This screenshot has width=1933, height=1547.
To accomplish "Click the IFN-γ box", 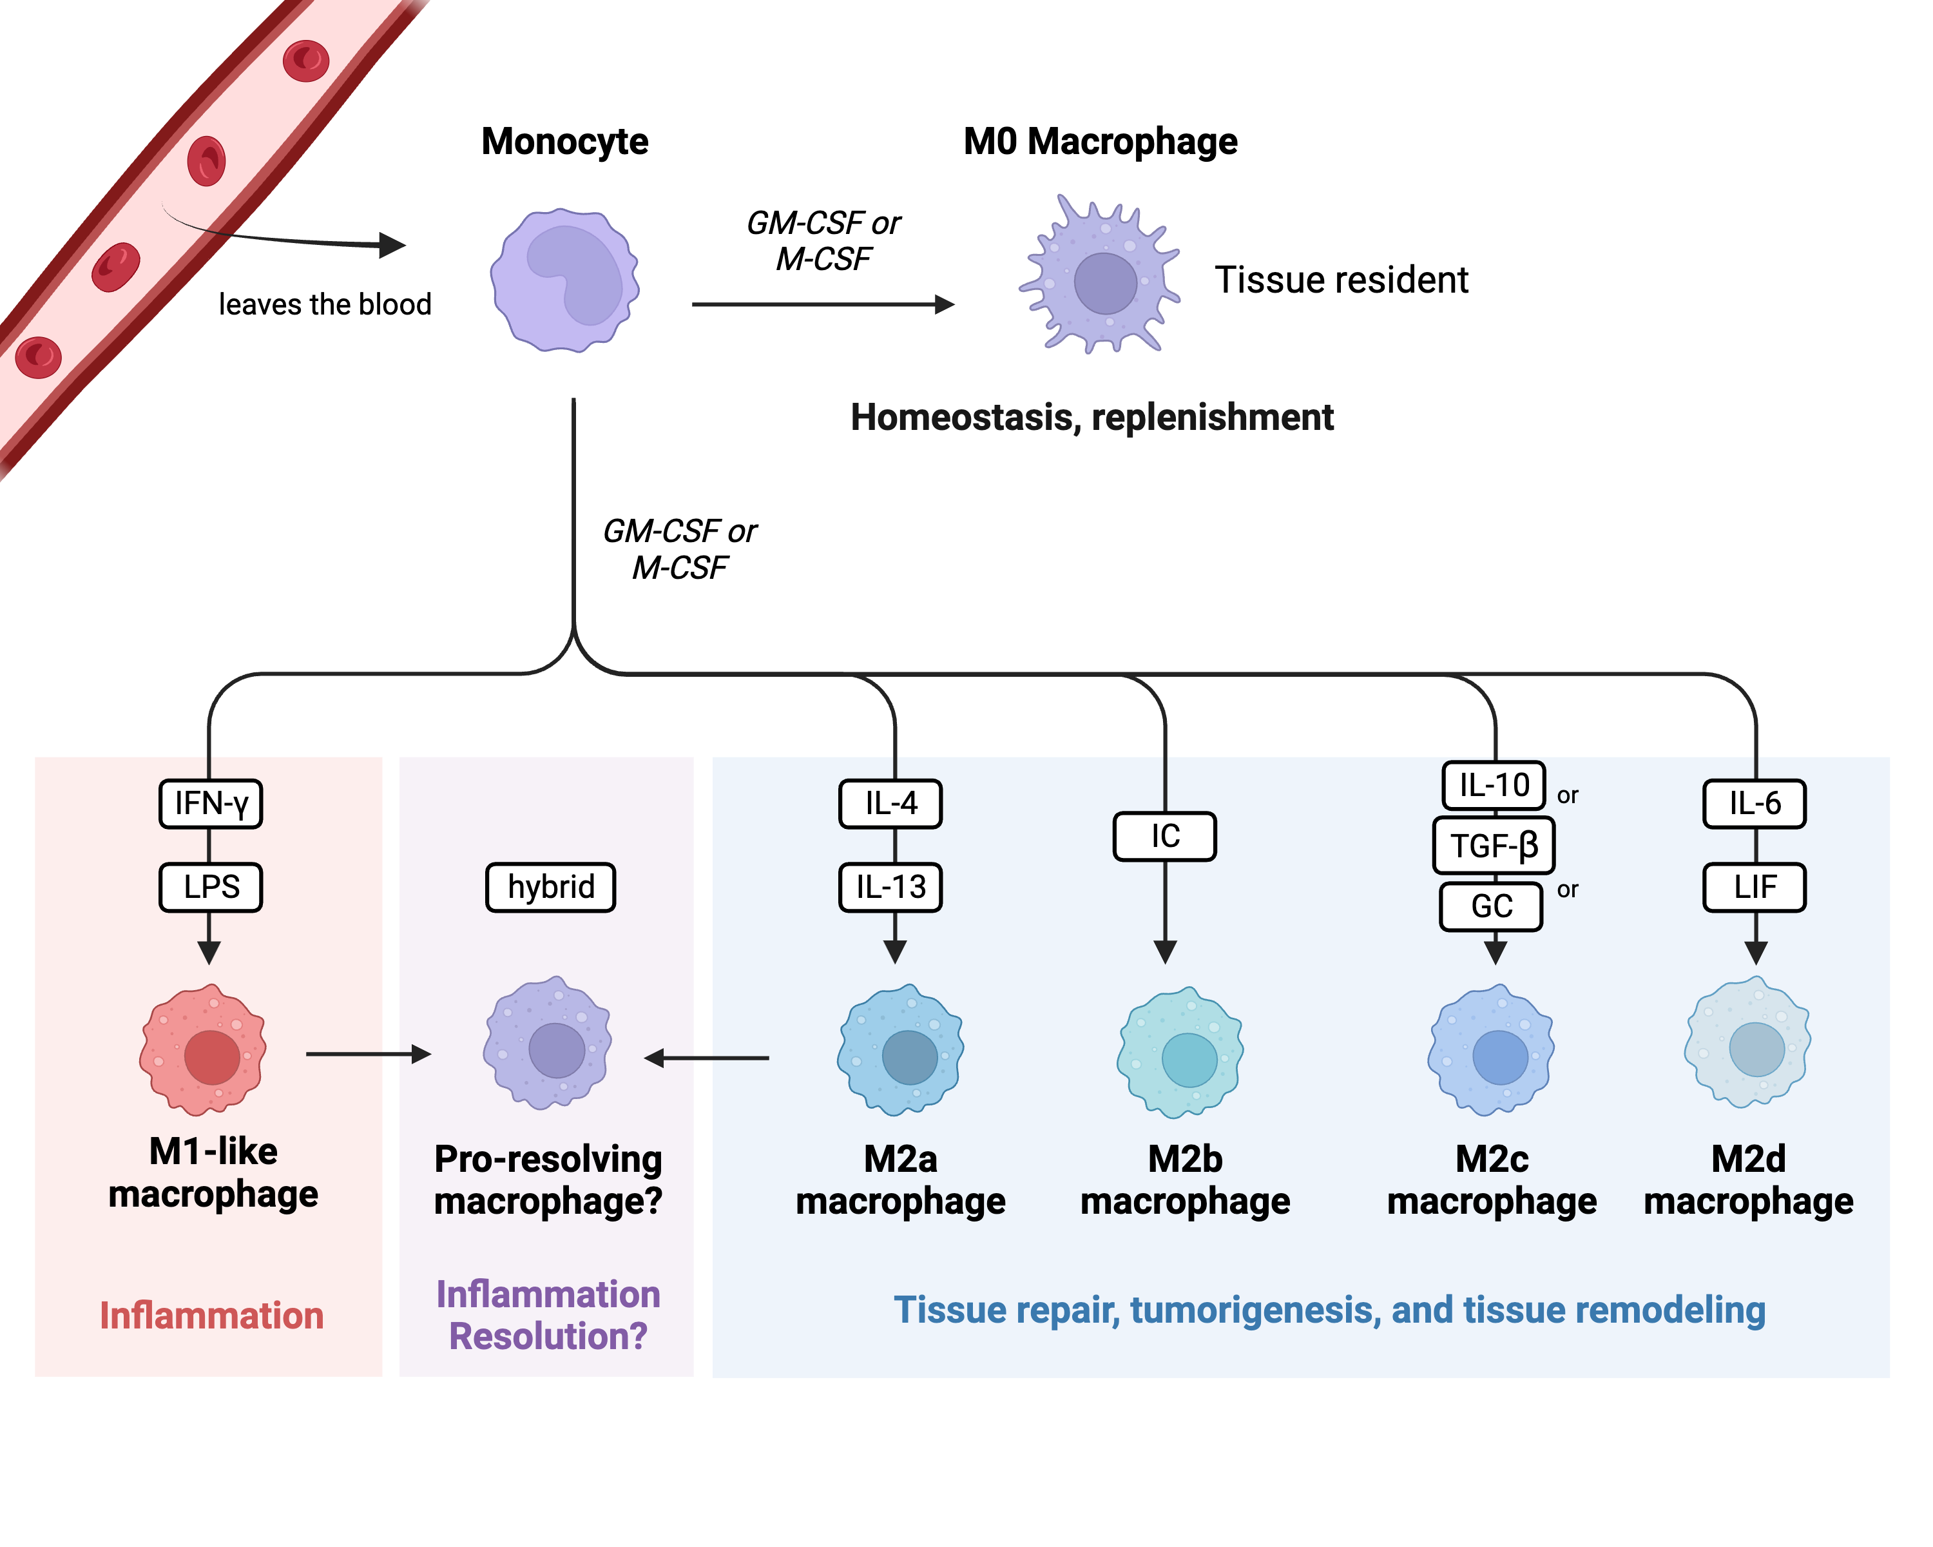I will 211,804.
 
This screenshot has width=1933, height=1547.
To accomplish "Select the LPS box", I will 211,887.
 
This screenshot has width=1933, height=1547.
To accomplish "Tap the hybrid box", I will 550,887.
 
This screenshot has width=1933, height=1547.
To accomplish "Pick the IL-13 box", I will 890,887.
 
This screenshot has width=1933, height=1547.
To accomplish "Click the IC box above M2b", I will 1165,836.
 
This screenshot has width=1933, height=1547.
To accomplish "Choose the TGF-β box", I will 1494,845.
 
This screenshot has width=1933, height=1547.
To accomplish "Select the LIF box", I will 1755,887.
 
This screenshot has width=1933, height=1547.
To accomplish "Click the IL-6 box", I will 1755,804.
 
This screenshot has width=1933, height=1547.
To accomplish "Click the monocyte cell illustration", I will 565,280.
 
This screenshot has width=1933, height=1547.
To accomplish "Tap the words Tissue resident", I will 1342,280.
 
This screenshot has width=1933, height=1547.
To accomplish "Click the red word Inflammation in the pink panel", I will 211,1316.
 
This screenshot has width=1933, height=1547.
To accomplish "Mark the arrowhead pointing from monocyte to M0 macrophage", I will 944,304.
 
